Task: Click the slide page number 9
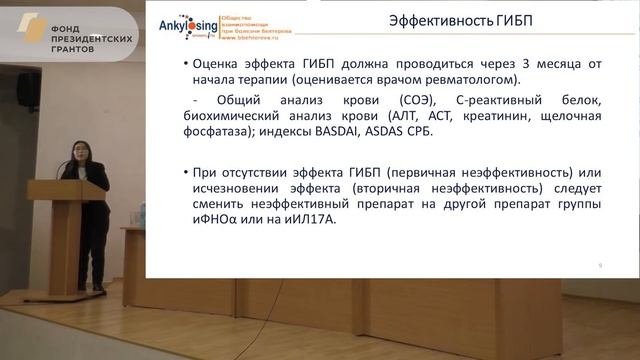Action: click(x=598, y=264)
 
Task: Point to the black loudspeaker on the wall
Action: click(x=28, y=89)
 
